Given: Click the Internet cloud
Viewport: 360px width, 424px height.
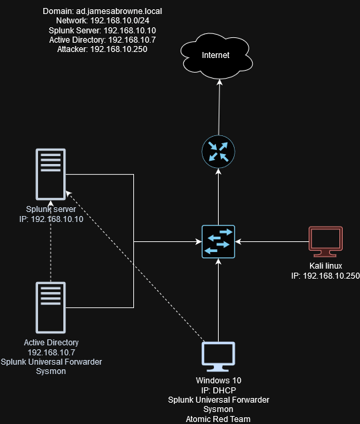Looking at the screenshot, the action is point(217,56).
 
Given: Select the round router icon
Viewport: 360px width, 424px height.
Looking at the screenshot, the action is point(218,152).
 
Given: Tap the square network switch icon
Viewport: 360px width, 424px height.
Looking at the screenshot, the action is point(218,241).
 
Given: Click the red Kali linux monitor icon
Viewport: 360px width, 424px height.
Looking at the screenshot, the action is point(325,241).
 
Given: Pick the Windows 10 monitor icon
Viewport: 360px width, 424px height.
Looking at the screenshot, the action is point(218,357).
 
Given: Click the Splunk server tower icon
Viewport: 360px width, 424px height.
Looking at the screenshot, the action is point(51,175).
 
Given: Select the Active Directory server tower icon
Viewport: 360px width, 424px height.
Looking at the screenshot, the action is point(51,308).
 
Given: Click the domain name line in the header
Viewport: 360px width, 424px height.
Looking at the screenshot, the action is point(102,11).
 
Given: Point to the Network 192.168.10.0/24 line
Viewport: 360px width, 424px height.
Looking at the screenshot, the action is point(103,21).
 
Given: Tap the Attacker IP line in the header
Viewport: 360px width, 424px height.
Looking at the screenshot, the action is point(102,49).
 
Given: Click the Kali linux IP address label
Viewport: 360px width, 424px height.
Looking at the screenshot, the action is point(325,276).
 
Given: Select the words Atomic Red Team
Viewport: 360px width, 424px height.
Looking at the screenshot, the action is point(218,419).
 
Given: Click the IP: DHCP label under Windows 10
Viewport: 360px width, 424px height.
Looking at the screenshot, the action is point(218,390).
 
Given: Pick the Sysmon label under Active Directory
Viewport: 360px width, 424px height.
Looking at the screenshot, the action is point(51,371).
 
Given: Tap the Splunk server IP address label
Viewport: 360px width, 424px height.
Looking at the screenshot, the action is point(51,219).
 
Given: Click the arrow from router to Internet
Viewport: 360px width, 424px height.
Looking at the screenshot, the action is point(219,107).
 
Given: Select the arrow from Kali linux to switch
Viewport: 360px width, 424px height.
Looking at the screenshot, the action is point(272,241).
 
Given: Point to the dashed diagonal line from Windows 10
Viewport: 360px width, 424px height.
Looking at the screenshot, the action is point(135,267).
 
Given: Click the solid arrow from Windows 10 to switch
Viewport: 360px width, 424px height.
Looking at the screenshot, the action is point(218,300).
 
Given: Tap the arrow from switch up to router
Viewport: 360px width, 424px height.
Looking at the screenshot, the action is point(218,197).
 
